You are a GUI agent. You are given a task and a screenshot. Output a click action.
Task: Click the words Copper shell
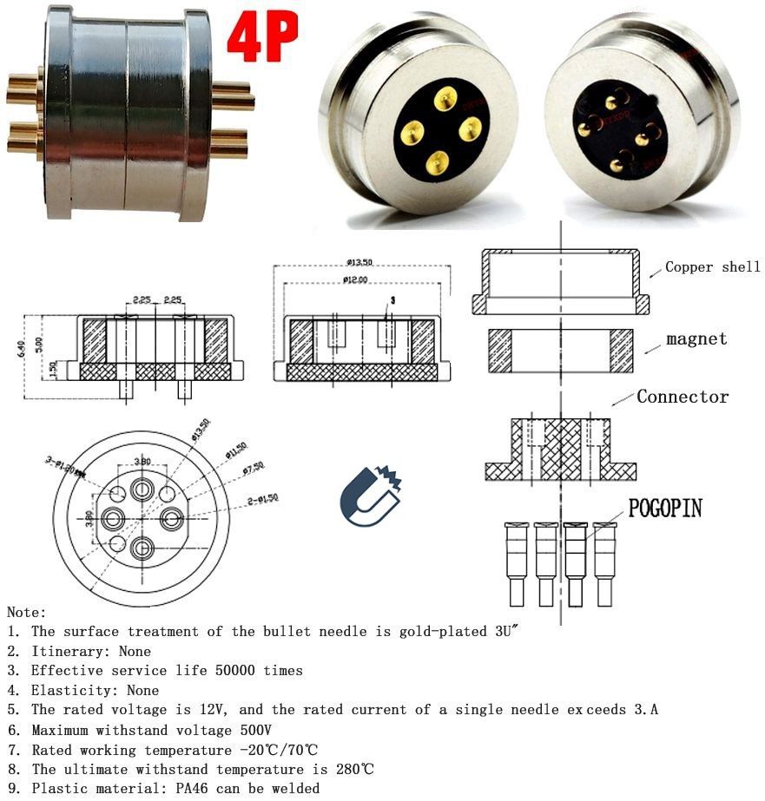click(x=712, y=267)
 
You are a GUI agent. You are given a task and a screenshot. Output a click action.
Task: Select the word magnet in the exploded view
click(x=696, y=338)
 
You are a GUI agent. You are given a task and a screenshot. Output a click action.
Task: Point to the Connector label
click(x=683, y=397)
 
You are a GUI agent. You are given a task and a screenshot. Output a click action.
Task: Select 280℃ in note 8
click(x=354, y=770)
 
